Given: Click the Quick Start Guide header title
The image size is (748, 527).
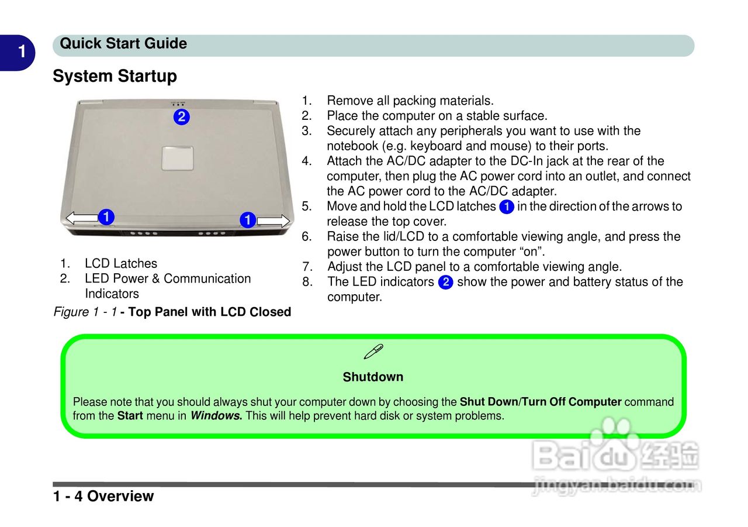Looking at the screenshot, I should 123,44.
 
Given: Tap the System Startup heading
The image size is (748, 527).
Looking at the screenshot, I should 115,77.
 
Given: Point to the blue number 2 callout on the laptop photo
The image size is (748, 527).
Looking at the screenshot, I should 182,116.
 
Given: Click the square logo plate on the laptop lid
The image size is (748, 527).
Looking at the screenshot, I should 177,157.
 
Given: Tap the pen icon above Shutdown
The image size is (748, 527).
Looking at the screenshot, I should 373,352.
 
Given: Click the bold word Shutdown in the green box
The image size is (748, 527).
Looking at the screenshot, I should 373,377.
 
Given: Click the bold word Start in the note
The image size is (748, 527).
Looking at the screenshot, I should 130,416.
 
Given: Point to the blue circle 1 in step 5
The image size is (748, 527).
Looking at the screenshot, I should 507,207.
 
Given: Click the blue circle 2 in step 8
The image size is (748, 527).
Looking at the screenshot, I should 445,283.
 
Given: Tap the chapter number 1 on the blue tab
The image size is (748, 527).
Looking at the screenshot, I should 22,52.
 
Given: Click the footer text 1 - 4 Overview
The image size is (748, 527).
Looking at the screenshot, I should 103,496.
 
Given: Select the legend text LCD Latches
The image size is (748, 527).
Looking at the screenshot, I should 121,264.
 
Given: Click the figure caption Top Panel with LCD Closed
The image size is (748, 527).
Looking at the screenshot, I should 209,312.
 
